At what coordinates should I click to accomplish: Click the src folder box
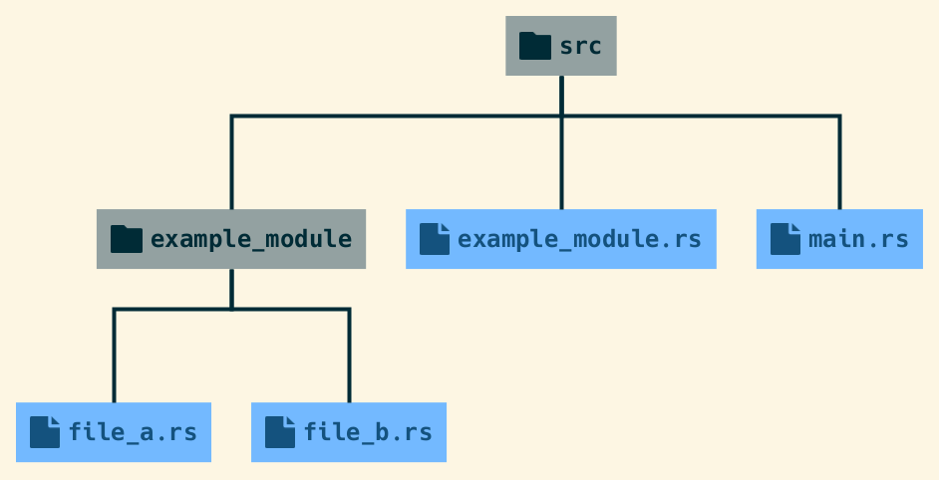560,46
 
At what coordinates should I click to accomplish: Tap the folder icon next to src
535,46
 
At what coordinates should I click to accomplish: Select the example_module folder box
230,239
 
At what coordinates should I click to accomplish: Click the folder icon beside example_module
126,239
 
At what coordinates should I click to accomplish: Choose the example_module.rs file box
560,239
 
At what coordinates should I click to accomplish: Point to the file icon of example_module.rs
434,239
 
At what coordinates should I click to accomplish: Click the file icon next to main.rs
785,239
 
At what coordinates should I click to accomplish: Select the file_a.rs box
113,432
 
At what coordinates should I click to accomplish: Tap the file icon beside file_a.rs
45,432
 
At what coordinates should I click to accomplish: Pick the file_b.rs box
348,432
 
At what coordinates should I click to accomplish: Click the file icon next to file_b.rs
280,432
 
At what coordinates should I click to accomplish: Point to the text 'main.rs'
858,239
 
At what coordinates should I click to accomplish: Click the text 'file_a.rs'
133,432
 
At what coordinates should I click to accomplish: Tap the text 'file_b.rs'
368,432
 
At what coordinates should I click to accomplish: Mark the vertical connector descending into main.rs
839,164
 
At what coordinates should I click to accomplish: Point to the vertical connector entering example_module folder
231,164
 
